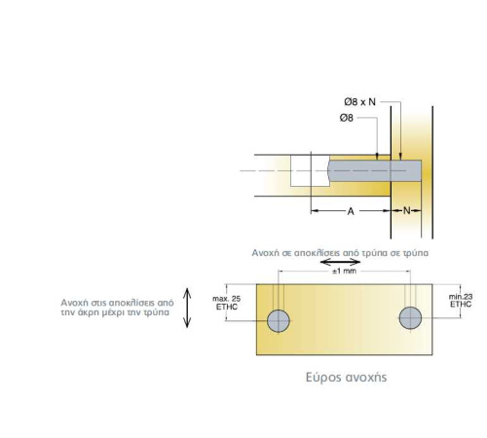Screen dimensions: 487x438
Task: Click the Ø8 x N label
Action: click(359, 102)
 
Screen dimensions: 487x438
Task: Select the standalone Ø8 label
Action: click(347, 118)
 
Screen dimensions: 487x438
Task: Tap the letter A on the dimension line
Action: click(351, 211)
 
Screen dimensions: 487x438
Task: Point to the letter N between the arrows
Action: click(407, 211)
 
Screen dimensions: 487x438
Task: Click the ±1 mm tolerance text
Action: click(344, 271)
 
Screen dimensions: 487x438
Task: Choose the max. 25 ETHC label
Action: click(227, 303)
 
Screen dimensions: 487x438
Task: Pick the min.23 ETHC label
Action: click(461, 301)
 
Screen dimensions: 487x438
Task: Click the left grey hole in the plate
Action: click(279, 320)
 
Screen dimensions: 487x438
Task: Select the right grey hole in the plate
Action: click(410, 318)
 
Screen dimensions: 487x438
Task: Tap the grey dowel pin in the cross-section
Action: click(374, 170)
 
